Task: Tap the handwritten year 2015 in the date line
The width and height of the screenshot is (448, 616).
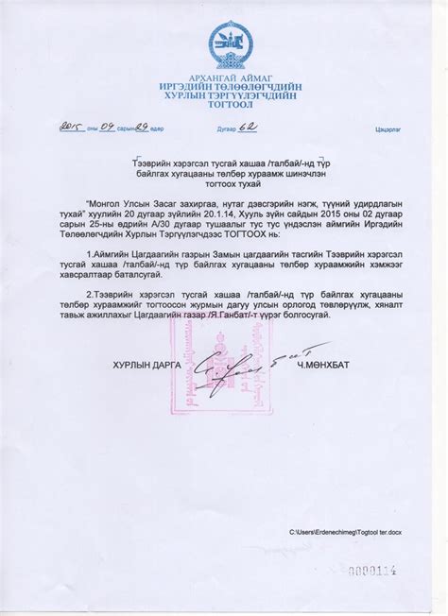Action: (x=72, y=127)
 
